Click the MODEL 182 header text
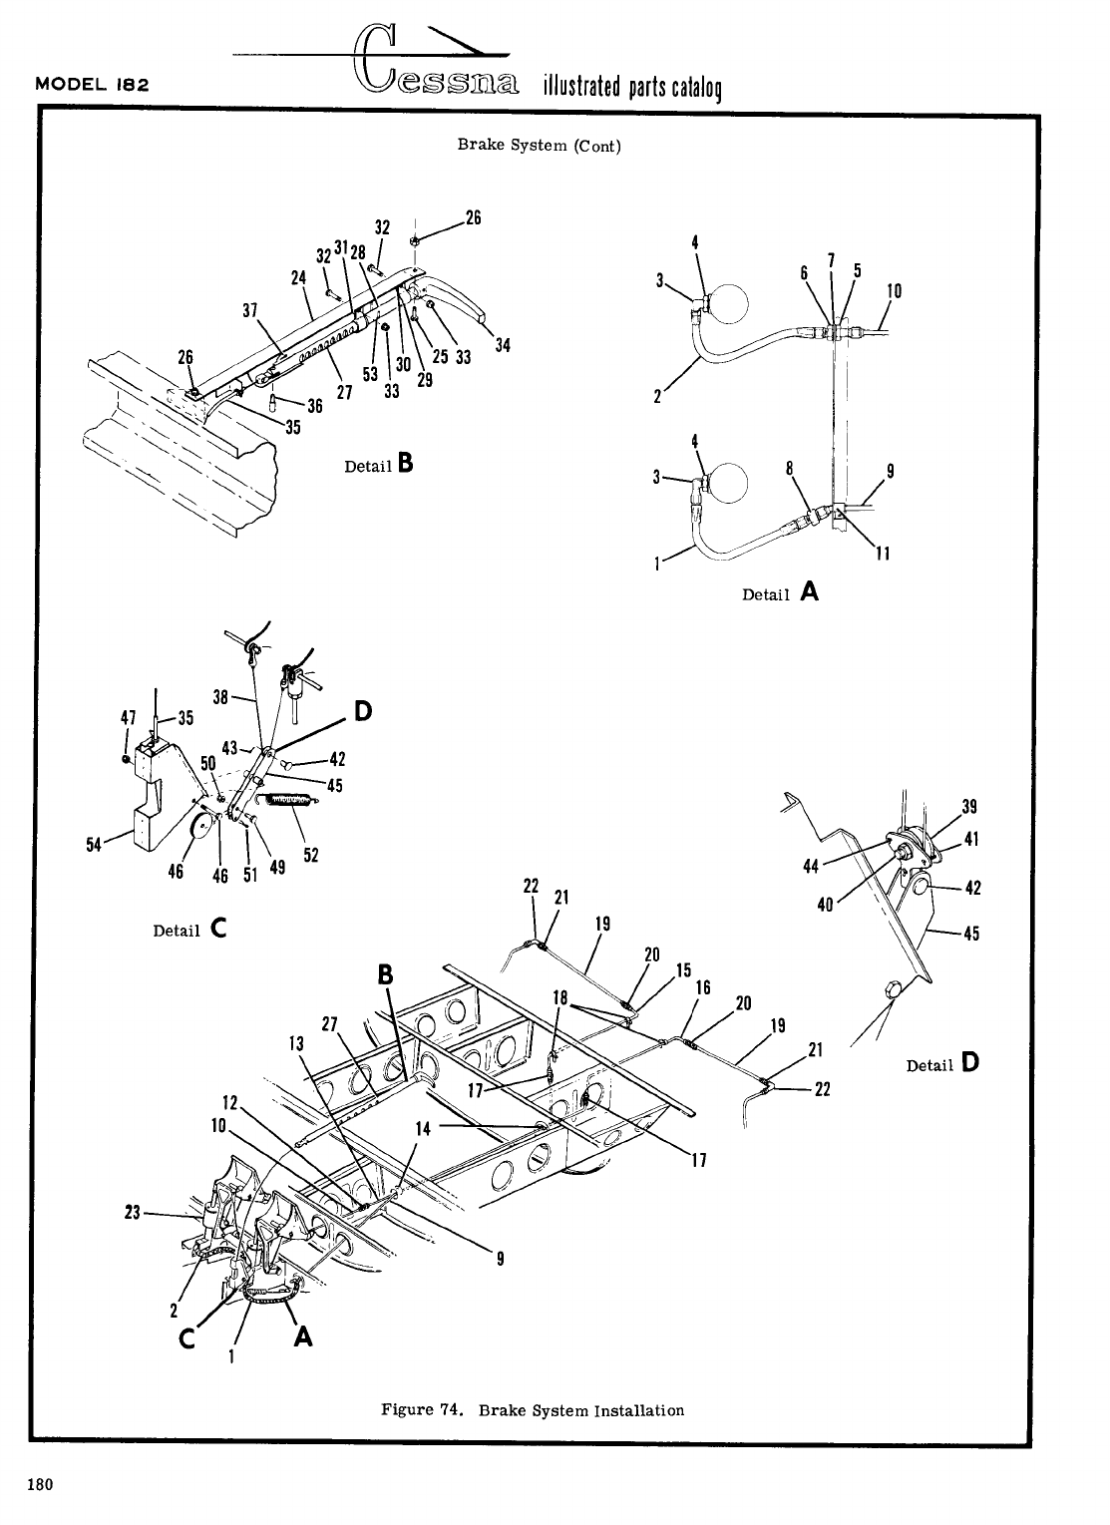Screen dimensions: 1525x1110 (92, 84)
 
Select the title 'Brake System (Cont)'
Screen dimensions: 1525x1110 (539, 145)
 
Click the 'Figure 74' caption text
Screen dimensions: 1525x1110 (533, 1410)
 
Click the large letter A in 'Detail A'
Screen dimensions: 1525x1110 (809, 591)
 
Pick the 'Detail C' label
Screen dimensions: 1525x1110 (189, 930)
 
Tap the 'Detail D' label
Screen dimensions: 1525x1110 (942, 1064)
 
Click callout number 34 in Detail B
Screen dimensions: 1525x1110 (503, 346)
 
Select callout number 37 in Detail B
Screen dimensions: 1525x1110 (250, 309)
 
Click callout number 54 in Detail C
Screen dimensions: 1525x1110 (94, 845)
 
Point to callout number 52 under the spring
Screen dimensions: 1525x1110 (310, 856)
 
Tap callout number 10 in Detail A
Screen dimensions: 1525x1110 (894, 291)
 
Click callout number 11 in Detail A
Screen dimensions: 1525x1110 (882, 555)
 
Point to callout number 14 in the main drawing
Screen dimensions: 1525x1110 (423, 1129)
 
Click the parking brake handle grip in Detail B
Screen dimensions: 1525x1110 (460, 304)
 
